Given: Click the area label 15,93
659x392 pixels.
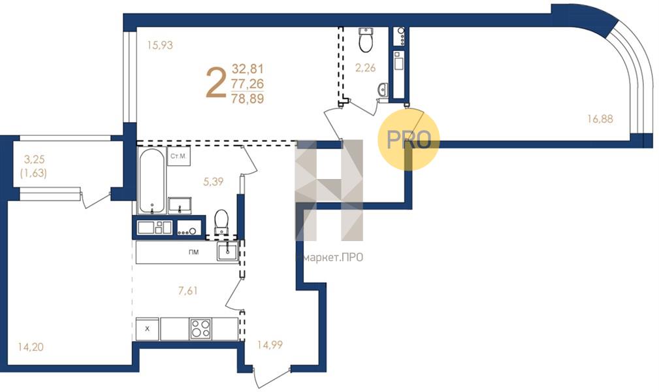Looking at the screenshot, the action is [160, 44].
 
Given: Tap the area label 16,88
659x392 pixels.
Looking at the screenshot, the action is [600, 119].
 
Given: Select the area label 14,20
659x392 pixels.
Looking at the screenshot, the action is [31, 347].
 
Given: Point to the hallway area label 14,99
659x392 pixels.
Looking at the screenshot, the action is [270, 345].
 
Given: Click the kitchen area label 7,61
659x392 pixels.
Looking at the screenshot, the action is [188, 291].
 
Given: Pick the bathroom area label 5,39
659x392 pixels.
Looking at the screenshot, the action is [214, 182].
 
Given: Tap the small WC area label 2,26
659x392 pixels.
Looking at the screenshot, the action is [365, 68].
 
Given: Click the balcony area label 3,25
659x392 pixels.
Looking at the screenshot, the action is [34, 159].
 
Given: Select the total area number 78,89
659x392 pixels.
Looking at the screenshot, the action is [248, 99].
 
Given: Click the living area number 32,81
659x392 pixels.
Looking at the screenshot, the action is [248, 69].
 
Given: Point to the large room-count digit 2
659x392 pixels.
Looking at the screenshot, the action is [216, 84].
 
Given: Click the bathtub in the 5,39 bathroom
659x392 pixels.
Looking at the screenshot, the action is [152, 180].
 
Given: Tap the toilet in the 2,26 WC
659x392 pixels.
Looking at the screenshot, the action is [366, 40].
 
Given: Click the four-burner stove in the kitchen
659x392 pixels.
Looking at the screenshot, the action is [201, 329].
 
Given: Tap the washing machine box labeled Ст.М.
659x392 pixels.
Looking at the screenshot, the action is [178, 156].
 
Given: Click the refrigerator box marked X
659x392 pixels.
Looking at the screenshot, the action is [147, 329].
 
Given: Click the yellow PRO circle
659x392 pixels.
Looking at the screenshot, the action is [408, 139].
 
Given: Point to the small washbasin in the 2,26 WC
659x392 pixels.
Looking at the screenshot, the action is [383, 90].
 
